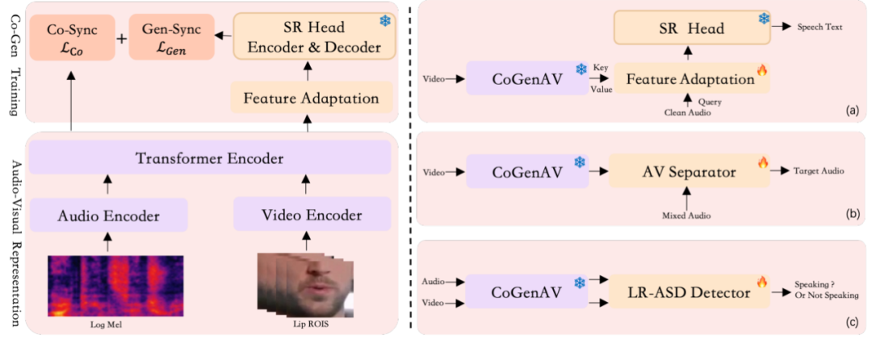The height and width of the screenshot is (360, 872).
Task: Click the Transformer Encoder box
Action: [x=210, y=157]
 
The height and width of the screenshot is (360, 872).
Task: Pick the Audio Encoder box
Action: [x=108, y=215]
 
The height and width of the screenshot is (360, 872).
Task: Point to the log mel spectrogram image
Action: [x=115, y=286]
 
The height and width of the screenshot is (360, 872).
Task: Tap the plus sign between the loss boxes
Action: [x=122, y=37]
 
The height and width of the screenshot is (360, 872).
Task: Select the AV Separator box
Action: [x=690, y=172]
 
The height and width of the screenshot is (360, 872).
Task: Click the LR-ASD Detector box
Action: [x=690, y=291]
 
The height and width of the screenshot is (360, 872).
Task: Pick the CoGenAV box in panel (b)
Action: [x=527, y=172]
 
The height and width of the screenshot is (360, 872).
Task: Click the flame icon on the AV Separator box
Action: [x=761, y=163]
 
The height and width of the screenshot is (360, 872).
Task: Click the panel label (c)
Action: [x=853, y=324]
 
